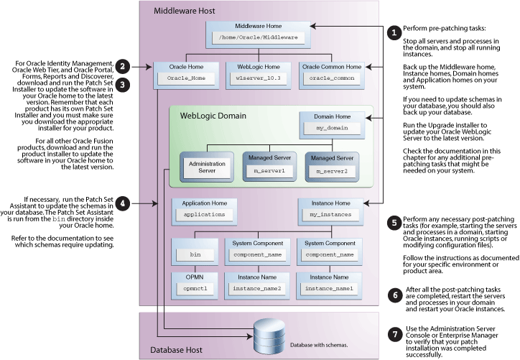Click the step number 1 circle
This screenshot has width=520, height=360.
393,33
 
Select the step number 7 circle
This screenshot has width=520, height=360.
393,333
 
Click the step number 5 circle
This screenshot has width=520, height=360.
393,221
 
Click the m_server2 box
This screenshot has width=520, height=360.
329,171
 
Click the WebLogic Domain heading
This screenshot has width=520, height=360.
213,115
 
